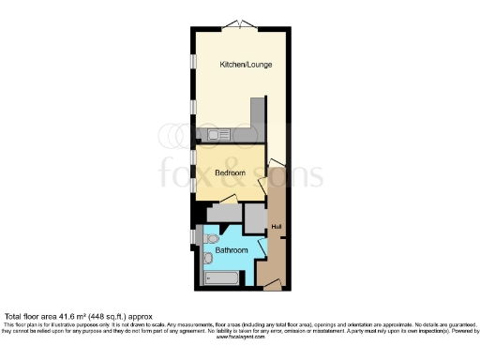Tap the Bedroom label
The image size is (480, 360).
coord(230,173)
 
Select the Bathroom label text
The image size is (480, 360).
coord(232,250)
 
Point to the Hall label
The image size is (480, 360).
coord(276,228)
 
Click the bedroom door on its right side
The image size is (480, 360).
coord(272,169)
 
